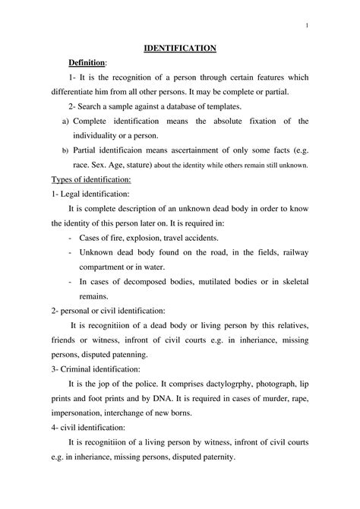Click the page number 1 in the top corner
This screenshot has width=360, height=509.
[x=305, y=27]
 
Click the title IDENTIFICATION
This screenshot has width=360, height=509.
[x=181, y=49]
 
